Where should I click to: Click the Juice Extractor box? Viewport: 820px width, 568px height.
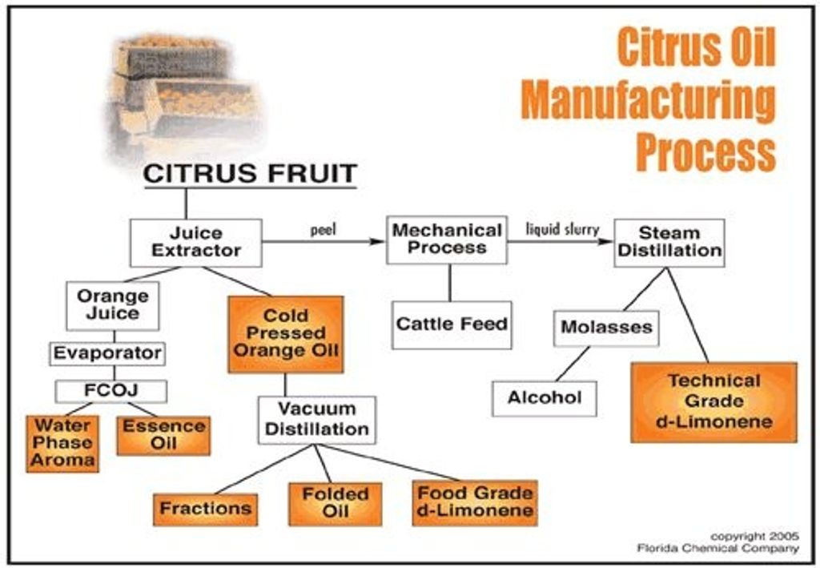[x=196, y=242]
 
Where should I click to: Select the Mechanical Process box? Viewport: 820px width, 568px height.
[x=447, y=240]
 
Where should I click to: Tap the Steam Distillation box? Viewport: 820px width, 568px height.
[x=669, y=242]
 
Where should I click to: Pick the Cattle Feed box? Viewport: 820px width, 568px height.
[x=452, y=324]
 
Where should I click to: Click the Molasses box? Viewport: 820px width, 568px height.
[x=606, y=328]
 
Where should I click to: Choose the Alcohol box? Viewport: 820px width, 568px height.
[x=545, y=398]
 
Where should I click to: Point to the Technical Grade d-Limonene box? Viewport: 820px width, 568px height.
[x=714, y=401]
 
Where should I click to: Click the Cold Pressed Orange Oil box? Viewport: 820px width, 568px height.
[x=286, y=333]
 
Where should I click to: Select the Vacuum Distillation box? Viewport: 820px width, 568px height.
[x=316, y=419]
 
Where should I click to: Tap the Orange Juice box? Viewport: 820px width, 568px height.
[x=113, y=305]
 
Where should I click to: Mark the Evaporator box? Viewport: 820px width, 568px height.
[x=107, y=352]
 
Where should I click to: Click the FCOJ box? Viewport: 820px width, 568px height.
[x=111, y=391]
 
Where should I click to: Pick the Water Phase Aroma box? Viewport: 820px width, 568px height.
[x=63, y=442]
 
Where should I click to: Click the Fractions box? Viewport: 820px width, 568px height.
[x=206, y=509]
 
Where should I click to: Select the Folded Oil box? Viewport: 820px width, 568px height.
[x=335, y=503]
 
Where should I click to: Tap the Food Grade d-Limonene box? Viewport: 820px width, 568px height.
[x=475, y=502]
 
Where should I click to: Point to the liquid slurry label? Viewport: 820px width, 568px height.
[x=562, y=229]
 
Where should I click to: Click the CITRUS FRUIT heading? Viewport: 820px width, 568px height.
[x=251, y=174]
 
